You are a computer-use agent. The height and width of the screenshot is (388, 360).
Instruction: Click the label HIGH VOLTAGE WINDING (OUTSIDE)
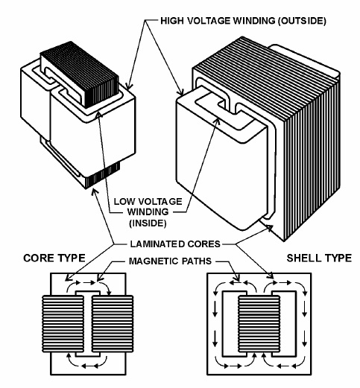[243, 21]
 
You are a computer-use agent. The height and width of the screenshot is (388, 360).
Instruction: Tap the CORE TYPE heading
[54, 258]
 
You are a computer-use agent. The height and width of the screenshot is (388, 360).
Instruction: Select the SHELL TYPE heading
[319, 258]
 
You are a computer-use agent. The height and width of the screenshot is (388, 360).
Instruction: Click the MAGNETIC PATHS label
[170, 261]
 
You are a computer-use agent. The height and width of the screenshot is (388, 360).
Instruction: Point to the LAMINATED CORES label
[175, 244]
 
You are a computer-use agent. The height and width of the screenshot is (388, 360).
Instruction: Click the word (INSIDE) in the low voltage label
[148, 223]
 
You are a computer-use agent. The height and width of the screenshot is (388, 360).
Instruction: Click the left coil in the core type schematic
[63, 324]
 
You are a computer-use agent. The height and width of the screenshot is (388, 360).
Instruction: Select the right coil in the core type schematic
[113, 324]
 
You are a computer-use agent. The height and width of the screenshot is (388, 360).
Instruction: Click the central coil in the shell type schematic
[259, 324]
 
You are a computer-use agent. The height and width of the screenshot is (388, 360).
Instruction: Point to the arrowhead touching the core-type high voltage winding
[128, 86]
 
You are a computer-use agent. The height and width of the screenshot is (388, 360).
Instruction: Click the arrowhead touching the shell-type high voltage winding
[180, 92]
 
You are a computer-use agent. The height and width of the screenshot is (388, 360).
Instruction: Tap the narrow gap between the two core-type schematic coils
[88, 324]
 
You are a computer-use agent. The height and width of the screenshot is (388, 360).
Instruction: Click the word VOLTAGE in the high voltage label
[208, 21]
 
